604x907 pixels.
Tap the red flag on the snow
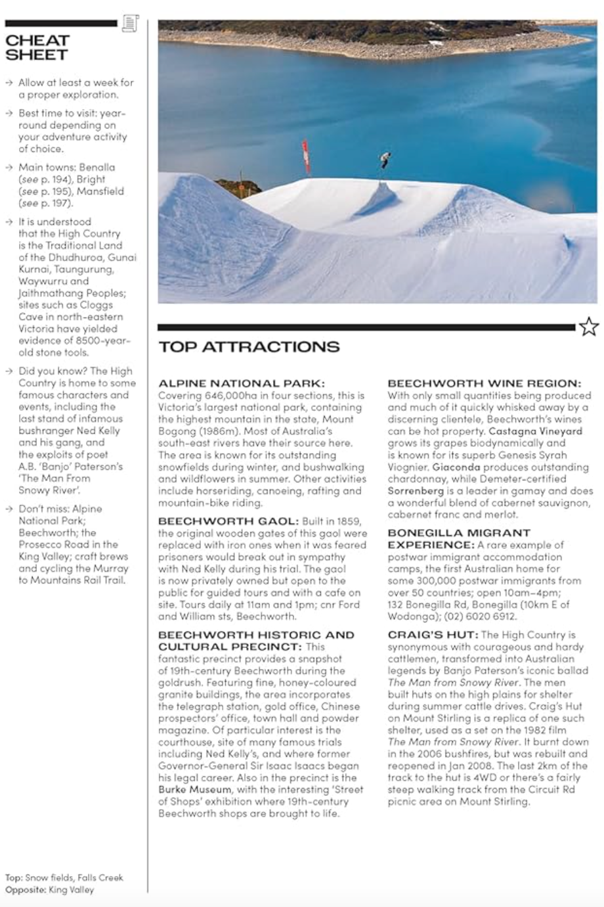pyautogui.click(x=305, y=156)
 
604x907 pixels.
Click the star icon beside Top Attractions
pyautogui.click(x=589, y=327)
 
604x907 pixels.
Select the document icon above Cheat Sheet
pyautogui.click(x=130, y=23)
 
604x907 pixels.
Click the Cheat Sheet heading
pyautogui.click(x=37, y=47)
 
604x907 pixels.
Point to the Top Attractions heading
pyautogui.click(x=249, y=347)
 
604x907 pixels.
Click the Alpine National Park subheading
pyautogui.click(x=241, y=383)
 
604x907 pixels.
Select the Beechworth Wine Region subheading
pyautogui.click(x=485, y=383)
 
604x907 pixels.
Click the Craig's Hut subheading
pyautogui.click(x=432, y=635)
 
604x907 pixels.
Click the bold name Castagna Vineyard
pyautogui.click(x=536, y=431)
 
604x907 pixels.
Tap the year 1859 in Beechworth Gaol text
pyautogui.click(x=349, y=521)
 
